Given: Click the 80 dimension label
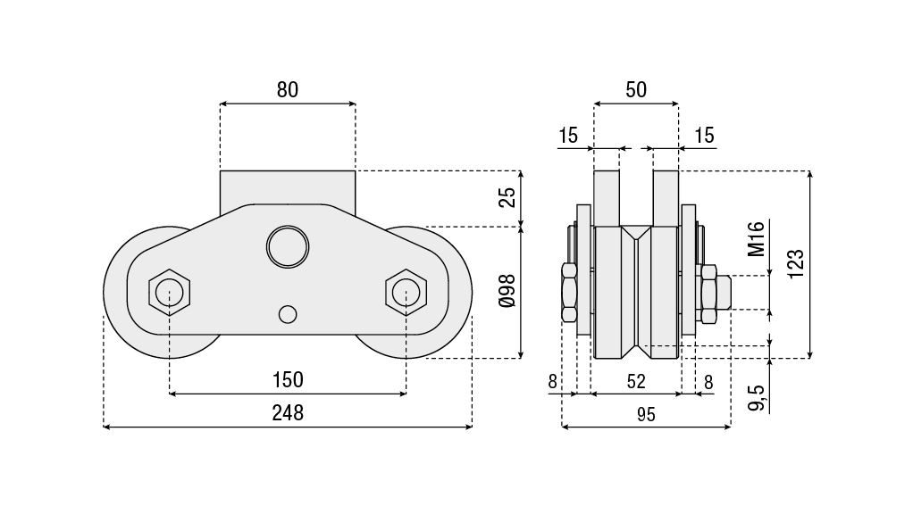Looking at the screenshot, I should click(x=287, y=89).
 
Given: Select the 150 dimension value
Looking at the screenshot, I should click(x=288, y=379).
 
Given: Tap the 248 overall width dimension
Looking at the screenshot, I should click(x=288, y=412).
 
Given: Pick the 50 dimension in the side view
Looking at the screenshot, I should click(x=636, y=89).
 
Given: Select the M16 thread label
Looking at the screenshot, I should click(x=757, y=238).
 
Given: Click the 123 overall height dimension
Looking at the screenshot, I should click(x=797, y=263).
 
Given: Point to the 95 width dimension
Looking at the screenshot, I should click(x=646, y=413).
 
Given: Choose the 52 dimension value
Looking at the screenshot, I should click(x=636, y=381).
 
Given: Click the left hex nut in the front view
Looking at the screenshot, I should click(x=170, y=292).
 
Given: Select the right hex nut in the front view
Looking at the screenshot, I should click(x=406, y=292).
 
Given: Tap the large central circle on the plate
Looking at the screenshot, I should click(x=288, y=245).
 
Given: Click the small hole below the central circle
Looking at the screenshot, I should click(x=287, y=314).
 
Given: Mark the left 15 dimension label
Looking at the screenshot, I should click(x=569, y=136).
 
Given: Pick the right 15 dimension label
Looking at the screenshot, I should click(x=704, y=136).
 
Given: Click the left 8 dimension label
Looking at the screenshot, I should click(x=553, y=381).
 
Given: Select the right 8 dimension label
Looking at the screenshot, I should click(x=708, y=381).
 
